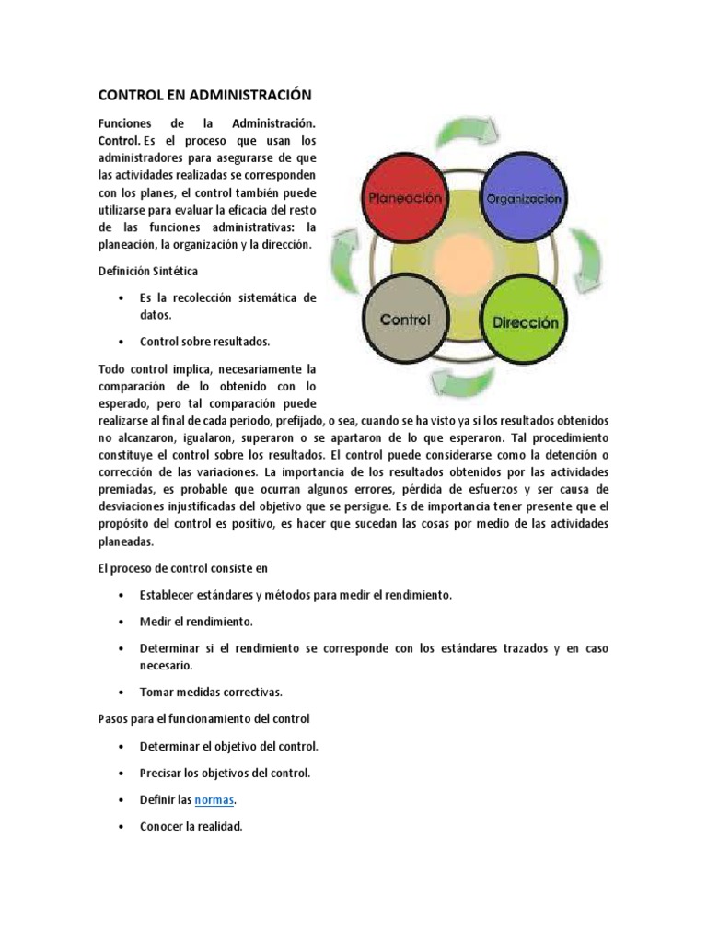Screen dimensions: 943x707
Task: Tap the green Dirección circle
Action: (x=524, y=321)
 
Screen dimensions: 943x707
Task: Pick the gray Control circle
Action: (x=406, y=320)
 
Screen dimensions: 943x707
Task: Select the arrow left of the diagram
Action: (x=342, y=261)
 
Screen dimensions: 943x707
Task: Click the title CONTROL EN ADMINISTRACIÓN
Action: (x=205, y=95)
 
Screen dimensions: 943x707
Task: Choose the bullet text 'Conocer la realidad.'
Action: (x=191, y=826)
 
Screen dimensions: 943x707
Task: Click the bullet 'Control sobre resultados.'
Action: (x=204, y=341)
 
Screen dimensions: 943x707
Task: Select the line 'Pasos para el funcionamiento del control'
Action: (x=204, y=717)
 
